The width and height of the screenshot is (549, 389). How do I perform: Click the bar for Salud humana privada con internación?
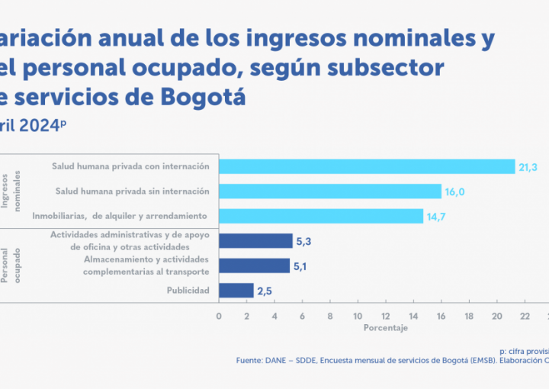(367, 166)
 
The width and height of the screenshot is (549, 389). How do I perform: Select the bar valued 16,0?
(330, 191)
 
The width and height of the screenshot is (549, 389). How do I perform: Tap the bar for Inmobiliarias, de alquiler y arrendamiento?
(321, 216)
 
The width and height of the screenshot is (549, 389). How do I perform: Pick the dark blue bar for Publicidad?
(236, 291)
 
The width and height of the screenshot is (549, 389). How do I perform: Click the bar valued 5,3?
(255, 241)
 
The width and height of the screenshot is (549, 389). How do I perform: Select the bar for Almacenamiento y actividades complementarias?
(254, 265)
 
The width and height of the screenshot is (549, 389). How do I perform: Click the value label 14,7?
(436, 217)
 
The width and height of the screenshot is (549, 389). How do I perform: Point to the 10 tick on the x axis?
(358, 315)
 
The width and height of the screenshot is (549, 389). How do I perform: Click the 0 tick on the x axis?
(219, 315)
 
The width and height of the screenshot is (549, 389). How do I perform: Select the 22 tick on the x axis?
(525, 315)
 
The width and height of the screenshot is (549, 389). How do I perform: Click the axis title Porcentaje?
(385, 328)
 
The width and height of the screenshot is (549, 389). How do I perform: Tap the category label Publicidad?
(189, 291)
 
